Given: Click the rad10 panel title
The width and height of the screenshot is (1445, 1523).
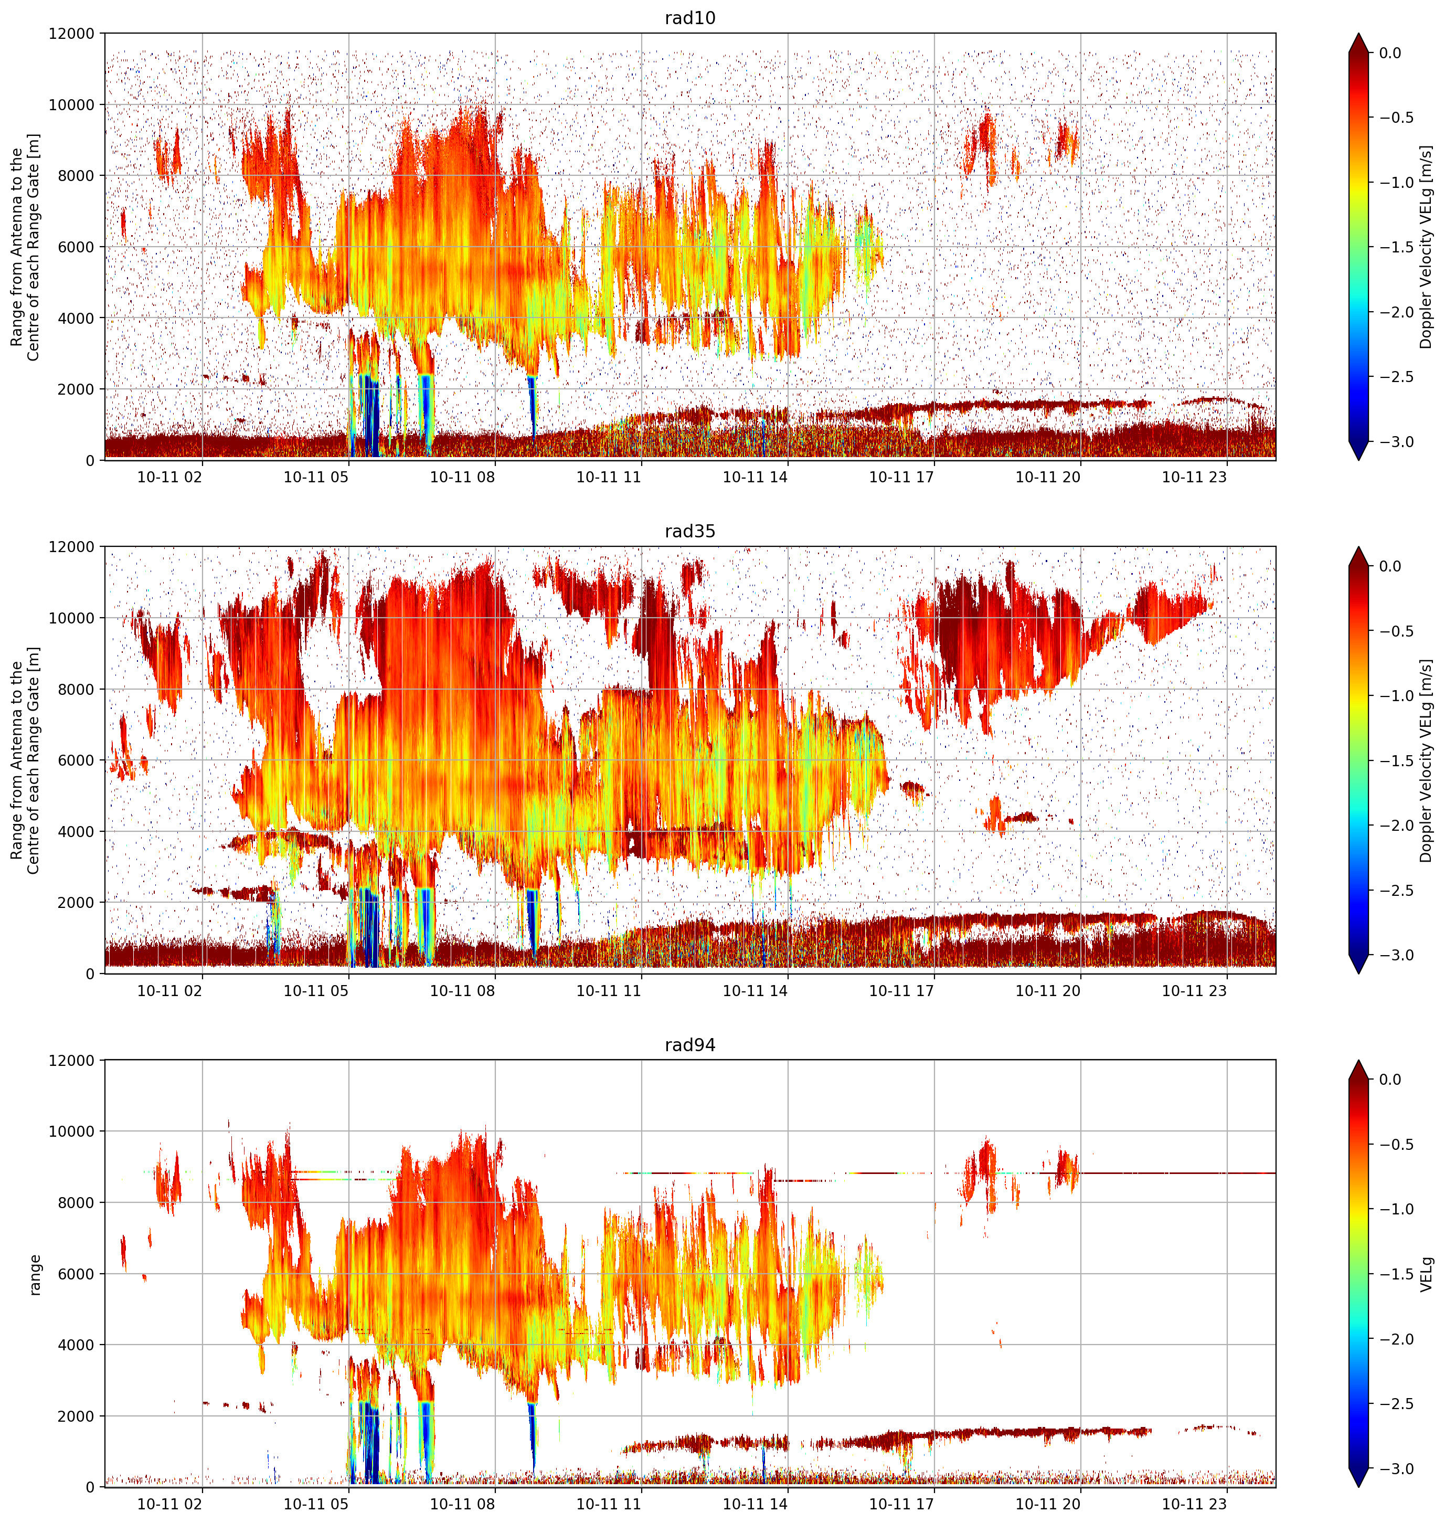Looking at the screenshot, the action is click(x=689, y=18).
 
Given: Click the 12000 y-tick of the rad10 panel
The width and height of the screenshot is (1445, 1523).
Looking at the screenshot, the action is click(x=72, y=34).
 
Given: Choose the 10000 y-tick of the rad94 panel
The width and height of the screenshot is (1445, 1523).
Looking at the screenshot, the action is click(x=72, y=1131).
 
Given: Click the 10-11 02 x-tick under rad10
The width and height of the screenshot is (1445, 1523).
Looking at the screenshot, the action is click(x=169, y=477).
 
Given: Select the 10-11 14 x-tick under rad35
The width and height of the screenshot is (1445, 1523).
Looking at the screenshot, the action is click(x=755, y=991).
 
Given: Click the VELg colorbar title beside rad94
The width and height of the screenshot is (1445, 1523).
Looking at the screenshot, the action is click(x=1427, y=1274).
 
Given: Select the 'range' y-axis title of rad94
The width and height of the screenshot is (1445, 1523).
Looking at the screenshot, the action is click(x=35, y=1275).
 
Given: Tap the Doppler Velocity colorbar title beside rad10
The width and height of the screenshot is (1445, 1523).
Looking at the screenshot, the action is click(x=1427, y=247).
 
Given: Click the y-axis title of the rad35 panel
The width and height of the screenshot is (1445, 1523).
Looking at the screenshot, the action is click(x=25, y=760).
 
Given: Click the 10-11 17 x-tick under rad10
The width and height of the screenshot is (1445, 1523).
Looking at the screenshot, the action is click(x=901, y=477).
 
